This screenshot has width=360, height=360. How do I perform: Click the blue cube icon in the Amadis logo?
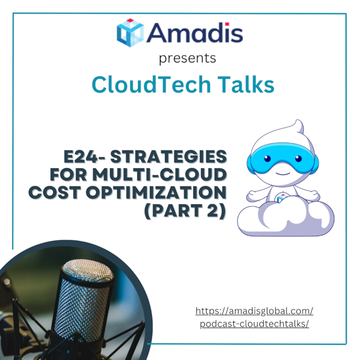pos(130,32)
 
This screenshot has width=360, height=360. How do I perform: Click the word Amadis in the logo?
pos(195,32)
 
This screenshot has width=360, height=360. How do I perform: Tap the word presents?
pos(187,59)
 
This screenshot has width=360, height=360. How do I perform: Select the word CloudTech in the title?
pos(151,84)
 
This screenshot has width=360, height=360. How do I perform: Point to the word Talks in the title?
pos(246,84)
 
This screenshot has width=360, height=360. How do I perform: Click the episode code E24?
pos(81,157)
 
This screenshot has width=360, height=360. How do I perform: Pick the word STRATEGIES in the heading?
pos(169,157)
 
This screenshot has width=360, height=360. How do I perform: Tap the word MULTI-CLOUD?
pos(159,174)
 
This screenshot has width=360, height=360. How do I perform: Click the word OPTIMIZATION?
pos(156,192)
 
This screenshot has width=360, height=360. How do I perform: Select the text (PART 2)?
pos(185,211)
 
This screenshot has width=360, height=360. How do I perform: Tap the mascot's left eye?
pos(267,158)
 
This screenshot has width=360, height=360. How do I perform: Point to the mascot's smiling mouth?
pos(283,173)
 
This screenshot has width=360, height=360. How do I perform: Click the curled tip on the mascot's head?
pos(298,125)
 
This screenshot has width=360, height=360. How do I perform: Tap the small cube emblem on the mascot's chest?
pos(281,198)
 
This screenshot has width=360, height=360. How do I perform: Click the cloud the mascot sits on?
pos(286,221)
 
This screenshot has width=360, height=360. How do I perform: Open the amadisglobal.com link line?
pos(254,311)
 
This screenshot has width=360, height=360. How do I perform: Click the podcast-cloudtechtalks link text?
pos(254,324)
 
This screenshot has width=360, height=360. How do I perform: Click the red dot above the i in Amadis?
pos(227,24)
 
